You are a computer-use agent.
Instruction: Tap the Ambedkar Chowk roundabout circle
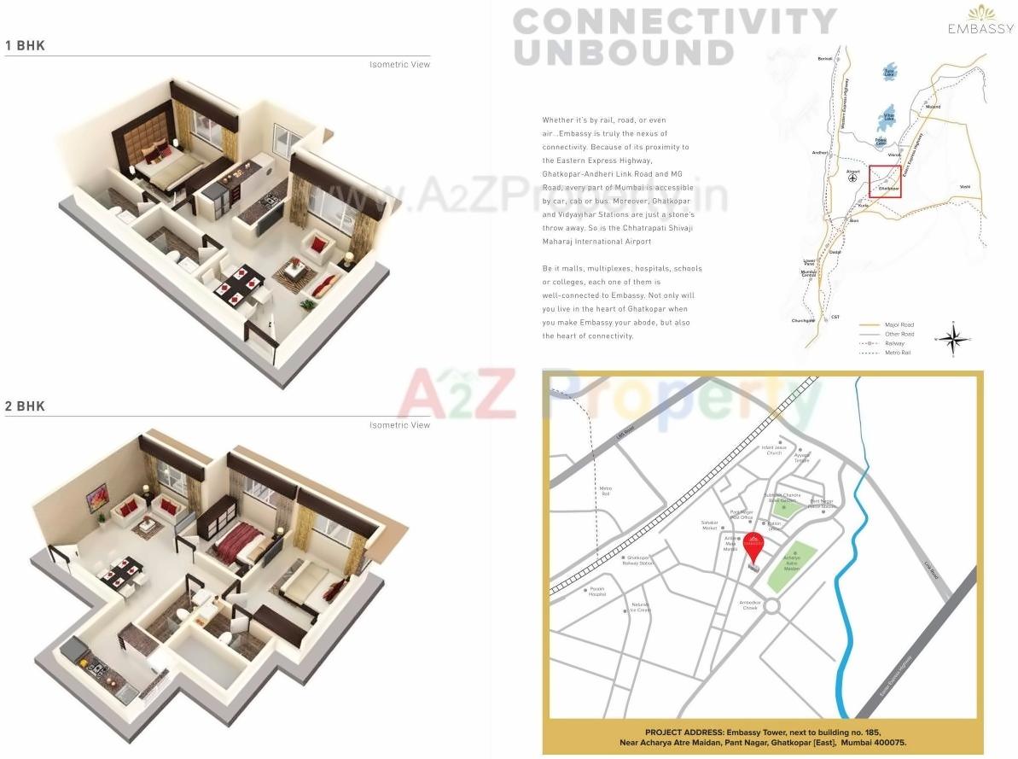773,605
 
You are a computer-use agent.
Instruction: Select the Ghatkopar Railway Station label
639,560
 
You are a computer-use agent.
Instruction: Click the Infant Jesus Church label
773,450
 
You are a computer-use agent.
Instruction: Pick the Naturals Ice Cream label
641,607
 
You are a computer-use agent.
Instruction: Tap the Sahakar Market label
710,525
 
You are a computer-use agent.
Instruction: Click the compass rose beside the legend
957,338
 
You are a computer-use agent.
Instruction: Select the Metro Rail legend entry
898,352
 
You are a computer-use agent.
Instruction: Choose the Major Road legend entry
899,325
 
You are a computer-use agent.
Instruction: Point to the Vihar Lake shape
889,114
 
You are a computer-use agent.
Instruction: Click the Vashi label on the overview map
964,186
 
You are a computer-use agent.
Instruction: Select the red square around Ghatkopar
885,181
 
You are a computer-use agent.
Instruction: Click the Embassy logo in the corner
980,20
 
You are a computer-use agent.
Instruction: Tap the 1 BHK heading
25,45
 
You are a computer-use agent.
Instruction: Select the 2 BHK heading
25,406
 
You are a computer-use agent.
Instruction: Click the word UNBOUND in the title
624,52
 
